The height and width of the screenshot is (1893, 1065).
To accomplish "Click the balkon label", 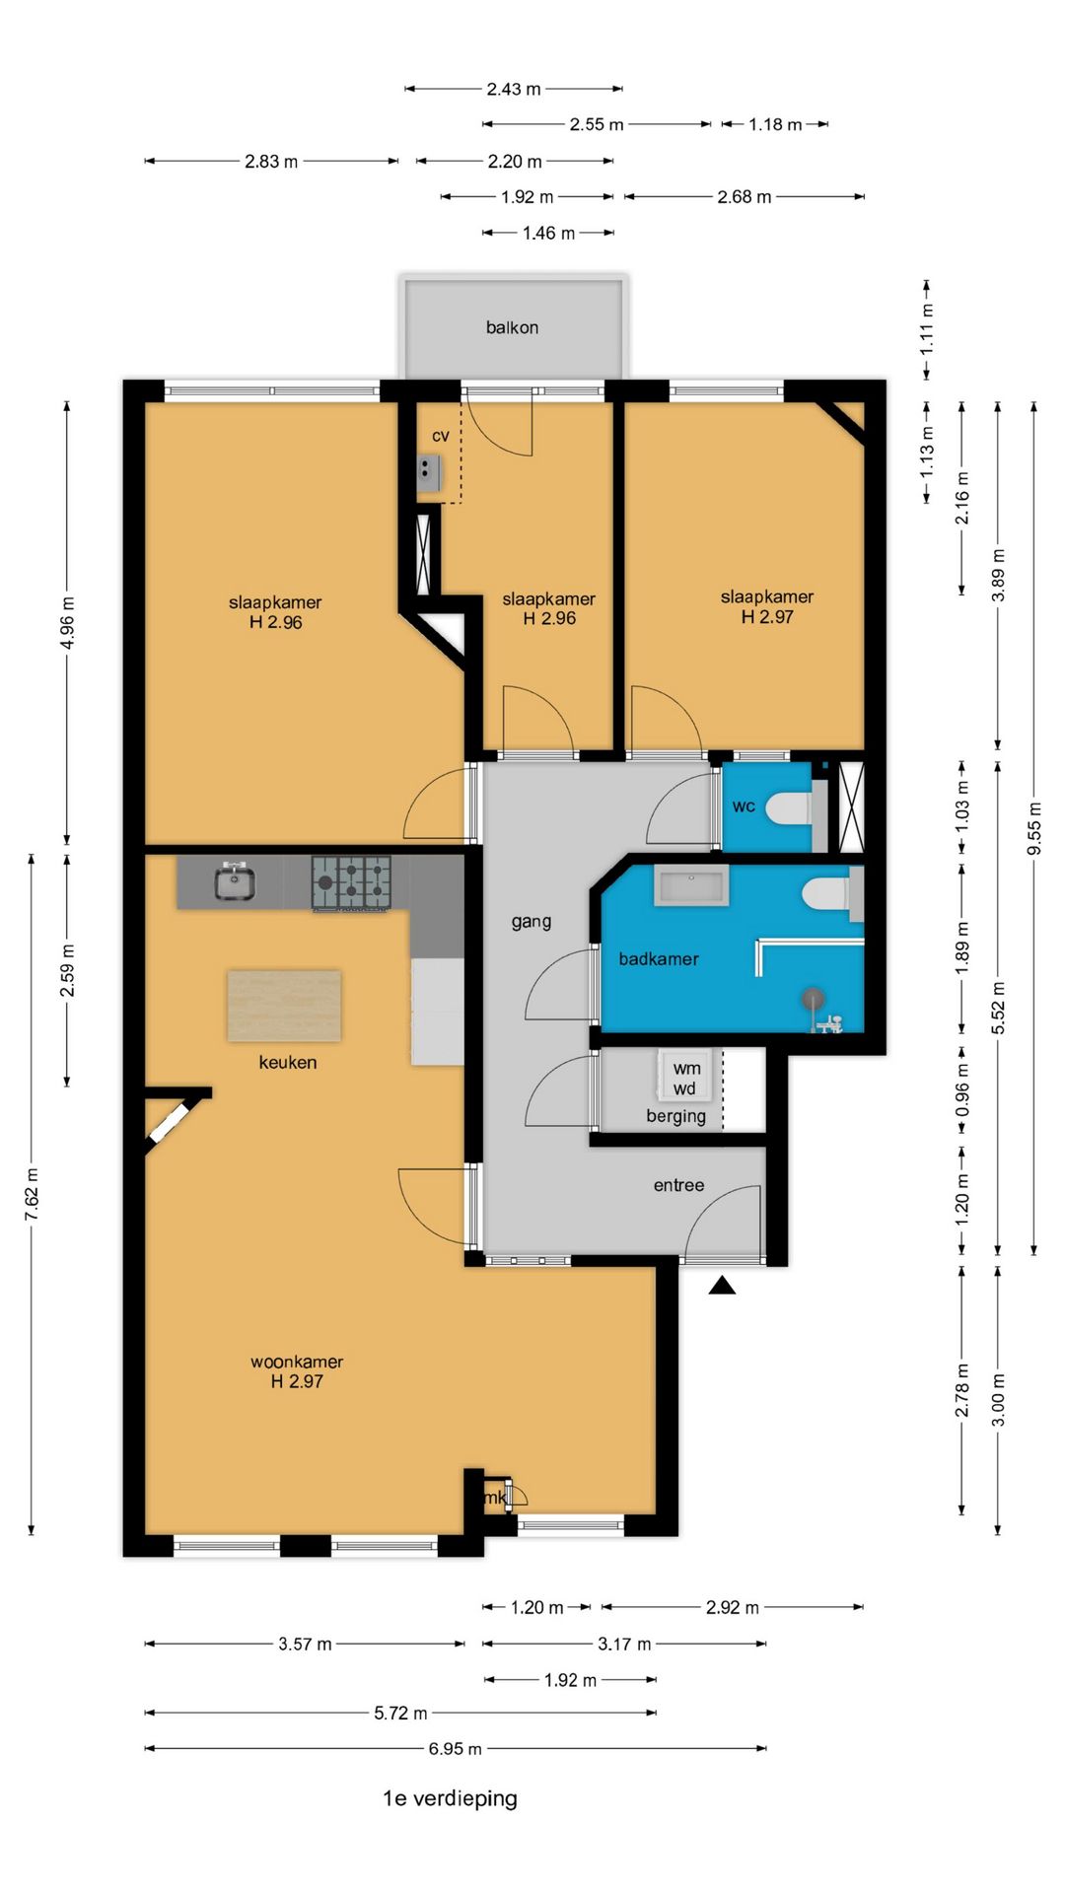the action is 512,327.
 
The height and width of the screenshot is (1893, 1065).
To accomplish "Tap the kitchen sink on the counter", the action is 236,881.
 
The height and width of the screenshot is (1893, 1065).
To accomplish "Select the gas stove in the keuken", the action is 351,882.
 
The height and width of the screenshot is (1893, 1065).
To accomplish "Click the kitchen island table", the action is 284,1006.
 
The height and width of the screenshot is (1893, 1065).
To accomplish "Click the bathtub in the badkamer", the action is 690,886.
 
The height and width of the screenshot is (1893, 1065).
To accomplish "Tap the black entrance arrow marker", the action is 722,1285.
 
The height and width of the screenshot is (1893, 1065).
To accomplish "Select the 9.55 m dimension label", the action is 1033,829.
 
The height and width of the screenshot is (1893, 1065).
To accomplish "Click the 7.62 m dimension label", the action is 32,1195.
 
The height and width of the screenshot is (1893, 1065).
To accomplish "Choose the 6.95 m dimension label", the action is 455,1749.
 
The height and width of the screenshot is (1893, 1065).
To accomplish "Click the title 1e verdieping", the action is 450,1798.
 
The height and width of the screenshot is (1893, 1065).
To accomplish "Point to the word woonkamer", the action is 297,1362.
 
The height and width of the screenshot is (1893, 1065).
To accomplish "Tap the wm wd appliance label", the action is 686,1078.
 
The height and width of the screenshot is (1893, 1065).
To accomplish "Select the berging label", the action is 675,1116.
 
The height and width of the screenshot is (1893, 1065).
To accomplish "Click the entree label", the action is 678,1185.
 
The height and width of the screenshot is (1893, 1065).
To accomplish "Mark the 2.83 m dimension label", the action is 271,161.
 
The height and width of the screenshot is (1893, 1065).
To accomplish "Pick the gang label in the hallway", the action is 531,922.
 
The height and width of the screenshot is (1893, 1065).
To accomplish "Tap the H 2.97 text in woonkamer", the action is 297,1381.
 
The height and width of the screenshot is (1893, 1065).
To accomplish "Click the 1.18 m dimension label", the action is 775,124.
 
